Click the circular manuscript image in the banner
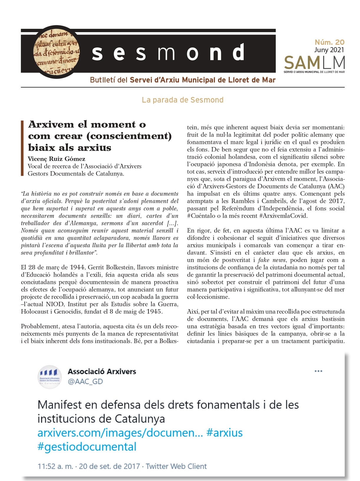(56, 52)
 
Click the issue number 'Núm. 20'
(329, 42)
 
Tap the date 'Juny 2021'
(329, 50)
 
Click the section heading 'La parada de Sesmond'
(182, 100)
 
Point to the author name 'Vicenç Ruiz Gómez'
(57, 159)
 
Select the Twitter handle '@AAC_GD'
(85, 382)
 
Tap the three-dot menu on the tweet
(318, 371)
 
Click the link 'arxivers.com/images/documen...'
(120, 433)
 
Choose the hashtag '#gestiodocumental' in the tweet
(87, 447)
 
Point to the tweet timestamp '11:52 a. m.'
(55, 466)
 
